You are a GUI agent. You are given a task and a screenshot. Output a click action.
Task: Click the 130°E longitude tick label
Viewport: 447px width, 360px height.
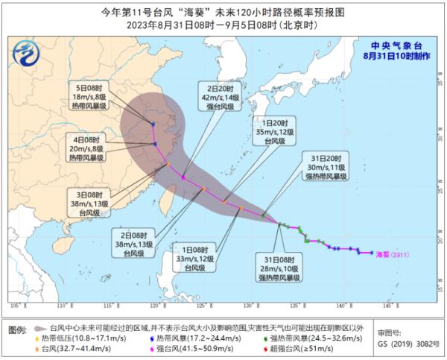pyautogui.click(x=246, y=306)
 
